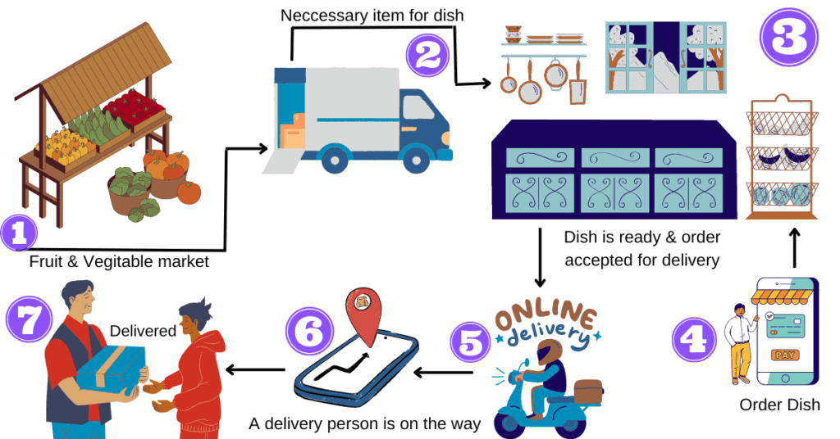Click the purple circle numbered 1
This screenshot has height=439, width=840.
[19, 232]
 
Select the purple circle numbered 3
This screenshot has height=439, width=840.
[789, 36]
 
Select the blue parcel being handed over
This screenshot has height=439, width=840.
[111, 371]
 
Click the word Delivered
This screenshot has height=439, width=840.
[144, 331]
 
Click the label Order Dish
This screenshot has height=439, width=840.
[779, 405]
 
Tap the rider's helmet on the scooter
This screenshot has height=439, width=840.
[547, 355]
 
